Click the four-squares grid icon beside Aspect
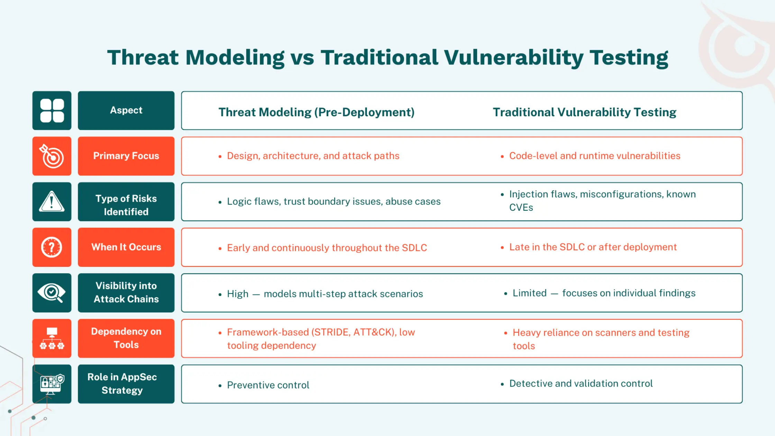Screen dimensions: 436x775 [52, 111]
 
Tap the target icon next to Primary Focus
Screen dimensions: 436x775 [52, 156]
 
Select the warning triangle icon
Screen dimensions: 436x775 [52, 202]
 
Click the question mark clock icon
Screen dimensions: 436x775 [52, 247]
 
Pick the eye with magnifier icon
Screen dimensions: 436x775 [52, 293]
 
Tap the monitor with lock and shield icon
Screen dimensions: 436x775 [52, 384]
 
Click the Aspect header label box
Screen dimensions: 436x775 [126, 111]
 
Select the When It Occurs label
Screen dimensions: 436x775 [126, 247]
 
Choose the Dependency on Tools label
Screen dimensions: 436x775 [126, 338]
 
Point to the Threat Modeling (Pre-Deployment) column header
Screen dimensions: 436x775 [316, 112]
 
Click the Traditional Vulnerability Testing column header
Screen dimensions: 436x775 [584, 112]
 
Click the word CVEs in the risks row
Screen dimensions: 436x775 [521, 208]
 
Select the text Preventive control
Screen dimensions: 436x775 [268, 385]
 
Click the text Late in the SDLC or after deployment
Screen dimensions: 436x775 [593, 247]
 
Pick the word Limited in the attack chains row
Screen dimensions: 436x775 [529, 293]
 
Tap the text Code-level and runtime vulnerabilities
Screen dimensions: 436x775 [594, 156]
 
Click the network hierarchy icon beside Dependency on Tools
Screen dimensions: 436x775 [52, 338]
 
